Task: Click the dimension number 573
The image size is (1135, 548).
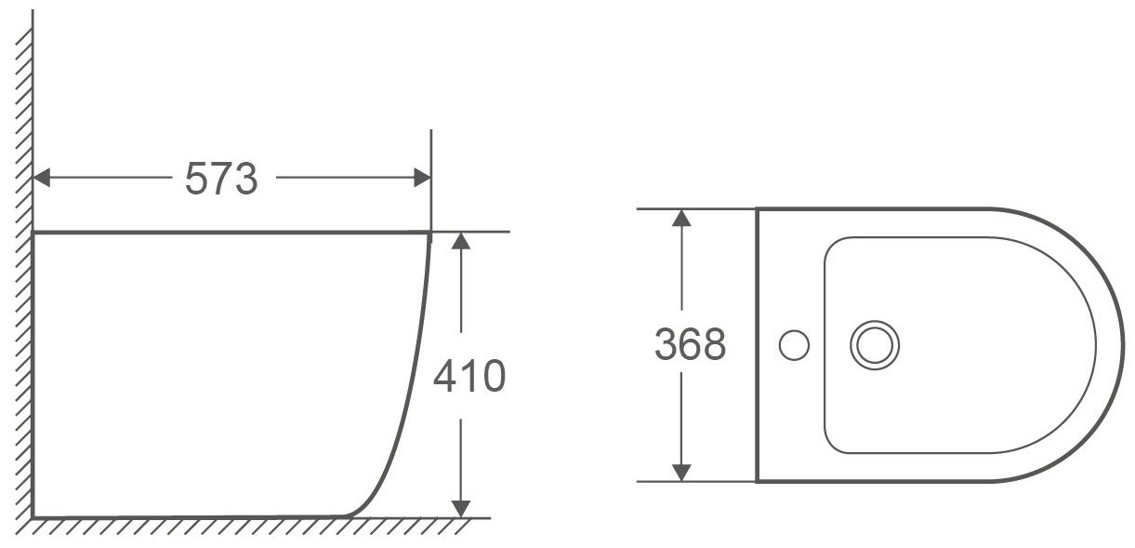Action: tap(220, 178)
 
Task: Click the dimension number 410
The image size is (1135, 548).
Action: tap(469, 377)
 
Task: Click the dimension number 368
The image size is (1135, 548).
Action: tap(689, 345)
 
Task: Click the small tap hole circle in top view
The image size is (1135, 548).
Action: tap(795, 346)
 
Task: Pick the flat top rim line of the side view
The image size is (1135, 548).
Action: tap(232, 232)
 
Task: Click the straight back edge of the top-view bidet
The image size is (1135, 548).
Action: tap(758, 279)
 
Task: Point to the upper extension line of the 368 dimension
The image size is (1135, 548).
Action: tap(697, 209)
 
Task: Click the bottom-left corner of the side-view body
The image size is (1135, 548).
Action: tap(34, 515)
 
